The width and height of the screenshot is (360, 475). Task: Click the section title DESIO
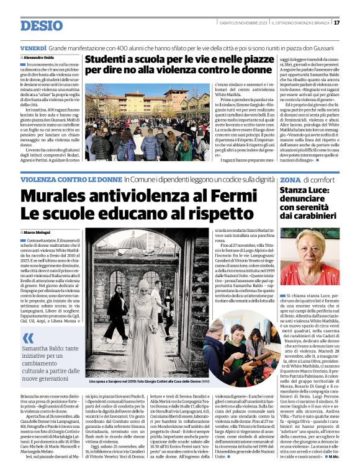click(42, 25)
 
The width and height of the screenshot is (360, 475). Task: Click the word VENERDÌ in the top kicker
click(33, 48)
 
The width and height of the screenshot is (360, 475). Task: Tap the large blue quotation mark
click(29, 339)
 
